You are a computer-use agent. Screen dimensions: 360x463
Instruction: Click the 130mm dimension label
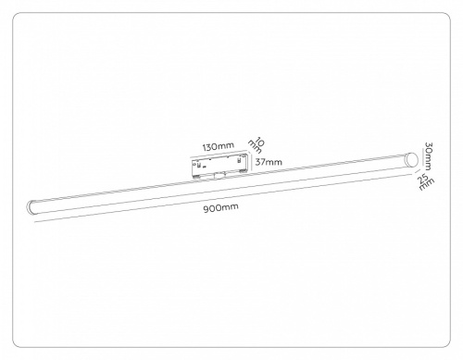coord(218,146)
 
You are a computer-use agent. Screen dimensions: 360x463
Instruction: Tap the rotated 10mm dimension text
coord(258,145)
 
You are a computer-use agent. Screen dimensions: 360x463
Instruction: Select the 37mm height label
coord(269,162)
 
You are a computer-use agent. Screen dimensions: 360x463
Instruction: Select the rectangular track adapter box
coord(219,165)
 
